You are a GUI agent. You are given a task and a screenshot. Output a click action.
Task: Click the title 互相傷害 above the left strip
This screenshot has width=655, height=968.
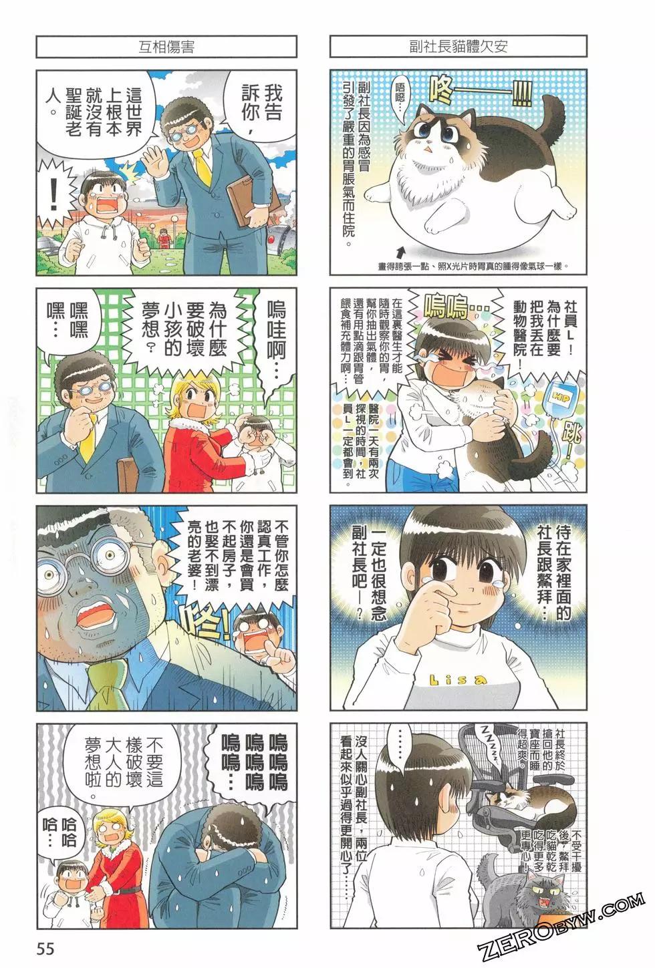[166, 47]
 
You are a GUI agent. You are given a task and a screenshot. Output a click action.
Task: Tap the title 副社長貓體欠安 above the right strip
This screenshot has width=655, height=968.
[458, 47]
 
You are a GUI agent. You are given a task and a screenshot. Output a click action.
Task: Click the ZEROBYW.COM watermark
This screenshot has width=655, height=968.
[562, 929]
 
